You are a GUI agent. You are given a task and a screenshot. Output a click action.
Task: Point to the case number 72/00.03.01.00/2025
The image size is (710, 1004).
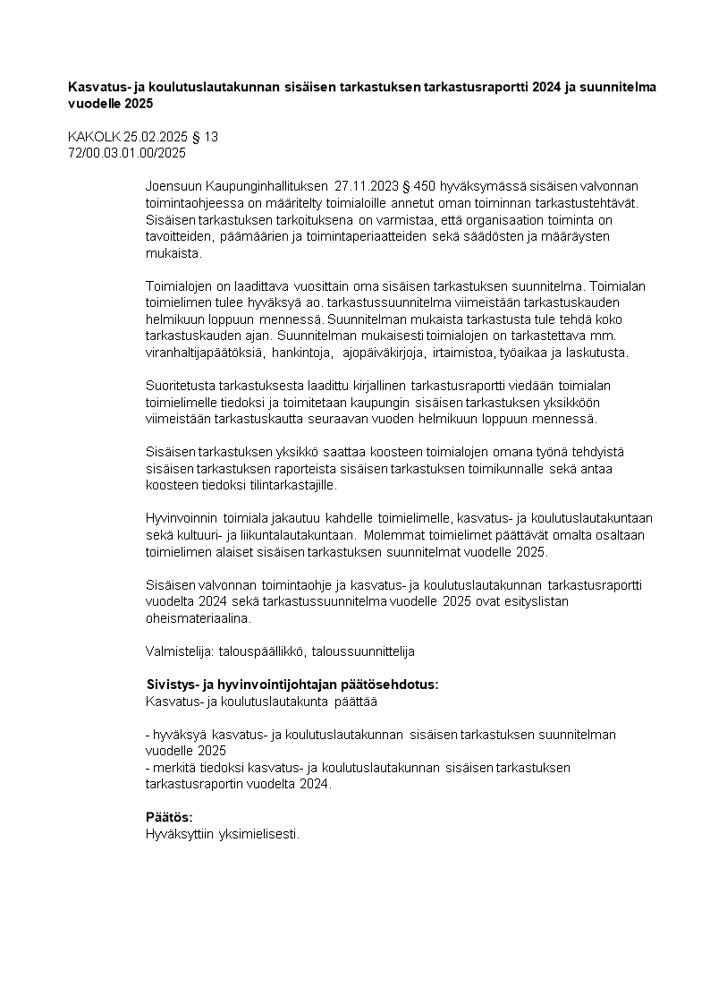click(x=126, y=153)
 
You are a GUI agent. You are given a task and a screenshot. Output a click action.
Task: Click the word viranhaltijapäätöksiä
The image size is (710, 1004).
click(x=204, y=353)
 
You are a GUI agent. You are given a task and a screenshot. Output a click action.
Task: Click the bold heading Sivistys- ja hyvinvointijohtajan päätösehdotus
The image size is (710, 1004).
click(x=292, y=685)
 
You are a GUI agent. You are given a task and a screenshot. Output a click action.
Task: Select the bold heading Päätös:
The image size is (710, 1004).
click(x=169, y=818)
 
